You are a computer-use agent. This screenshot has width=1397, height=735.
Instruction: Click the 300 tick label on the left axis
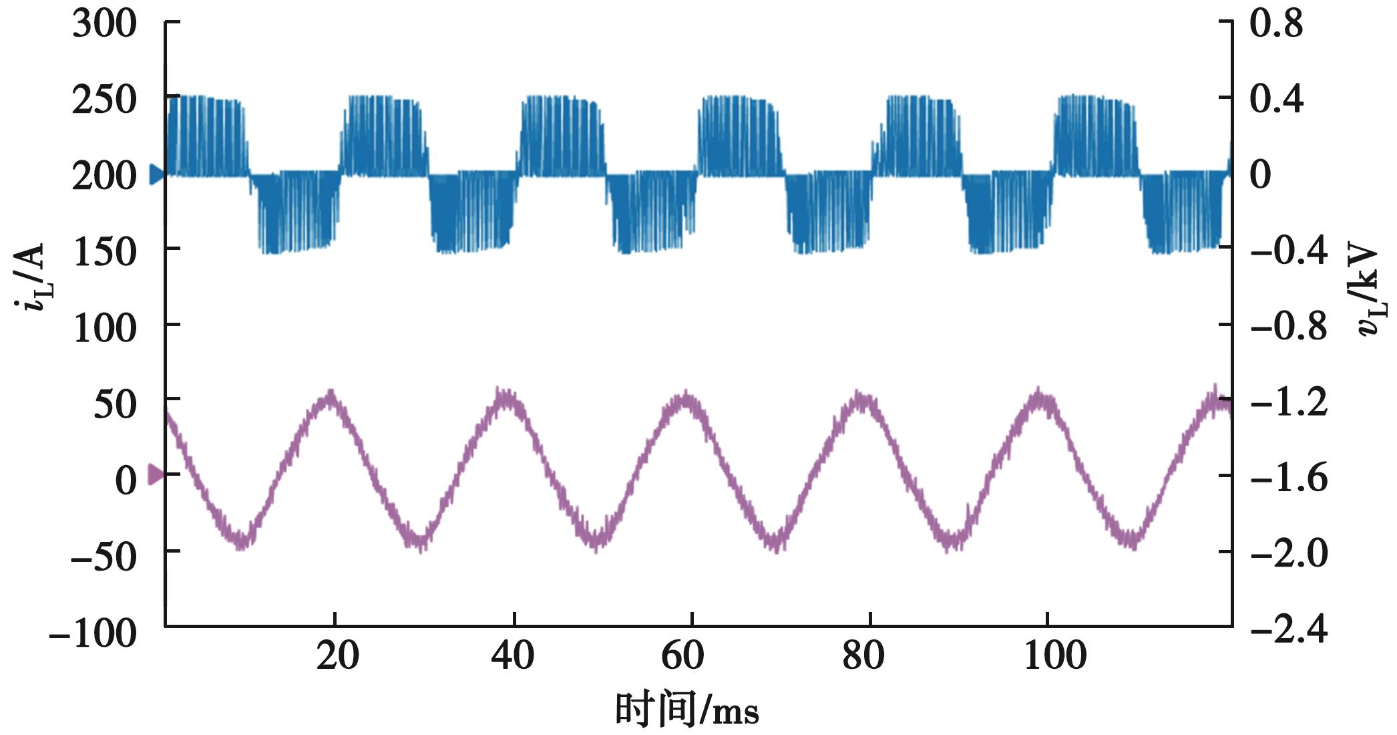(104, 25)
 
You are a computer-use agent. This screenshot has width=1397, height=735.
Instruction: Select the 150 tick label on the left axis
(104, 252)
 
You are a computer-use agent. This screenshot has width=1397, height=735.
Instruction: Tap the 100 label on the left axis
(104, 328)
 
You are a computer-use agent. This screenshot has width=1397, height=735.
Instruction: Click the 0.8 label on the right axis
(1276, 25)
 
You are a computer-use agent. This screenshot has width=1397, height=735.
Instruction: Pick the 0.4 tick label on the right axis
(1276, 100)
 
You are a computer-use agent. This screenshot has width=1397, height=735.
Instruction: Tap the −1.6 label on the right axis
(1289, 479)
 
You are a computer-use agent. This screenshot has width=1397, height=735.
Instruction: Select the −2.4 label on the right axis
(1289, 630)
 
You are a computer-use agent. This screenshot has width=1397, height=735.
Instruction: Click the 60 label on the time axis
(682, 656)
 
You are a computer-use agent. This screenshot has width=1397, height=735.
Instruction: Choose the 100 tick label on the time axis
(1055, 656)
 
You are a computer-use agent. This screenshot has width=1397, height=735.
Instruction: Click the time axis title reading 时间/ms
(686, 710)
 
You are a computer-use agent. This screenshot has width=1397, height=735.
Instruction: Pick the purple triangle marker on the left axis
(156, 475)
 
